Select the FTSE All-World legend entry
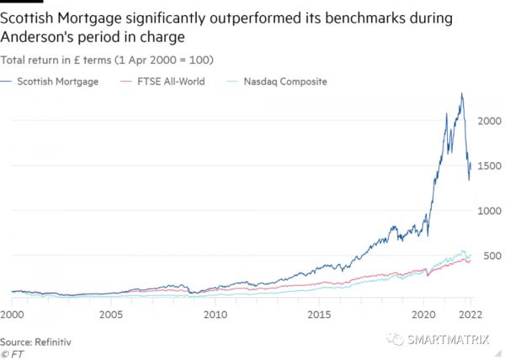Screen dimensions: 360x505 click(x=168, y=82)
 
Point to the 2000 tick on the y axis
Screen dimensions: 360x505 click(x=488, y=120)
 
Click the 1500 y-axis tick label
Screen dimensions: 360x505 click(x=488, y=166)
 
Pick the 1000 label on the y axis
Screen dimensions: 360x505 click(x=488, y=210)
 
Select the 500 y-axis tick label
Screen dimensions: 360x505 click(x=492, y=256)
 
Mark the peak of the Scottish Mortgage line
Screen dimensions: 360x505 click(x=461, y=93)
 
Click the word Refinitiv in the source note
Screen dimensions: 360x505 click(x=51, y=342)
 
